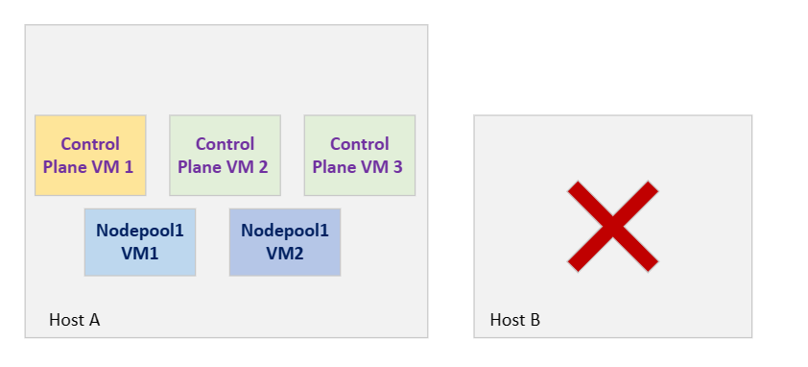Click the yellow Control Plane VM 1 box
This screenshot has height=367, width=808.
click(90, 155)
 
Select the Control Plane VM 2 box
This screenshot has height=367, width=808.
click(225, 155)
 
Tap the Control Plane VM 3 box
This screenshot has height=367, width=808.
click(360, 155)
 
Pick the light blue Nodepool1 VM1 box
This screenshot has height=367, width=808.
click(140, 242)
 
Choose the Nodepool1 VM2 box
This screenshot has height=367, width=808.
click(285, 242)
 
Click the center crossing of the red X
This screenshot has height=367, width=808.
click(612, 226)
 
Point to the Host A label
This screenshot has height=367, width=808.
click(75, 320)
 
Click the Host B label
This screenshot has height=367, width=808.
click(515, 320)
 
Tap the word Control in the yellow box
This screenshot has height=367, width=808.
click(90, 144)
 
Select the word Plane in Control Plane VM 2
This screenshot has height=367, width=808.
click(201, 166)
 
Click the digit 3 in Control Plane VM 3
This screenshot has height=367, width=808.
click(397, 166)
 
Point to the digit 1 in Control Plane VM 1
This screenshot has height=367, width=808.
click(128, 166)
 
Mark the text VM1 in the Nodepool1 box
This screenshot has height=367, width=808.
click(140, 253)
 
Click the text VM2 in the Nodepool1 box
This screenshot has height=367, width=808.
click(285, 253)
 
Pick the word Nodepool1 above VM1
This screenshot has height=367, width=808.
click(140, 231)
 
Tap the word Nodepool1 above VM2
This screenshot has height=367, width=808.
click(285, 231)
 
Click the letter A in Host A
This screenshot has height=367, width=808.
click(94, 320)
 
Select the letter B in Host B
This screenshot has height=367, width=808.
click(535, 320)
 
